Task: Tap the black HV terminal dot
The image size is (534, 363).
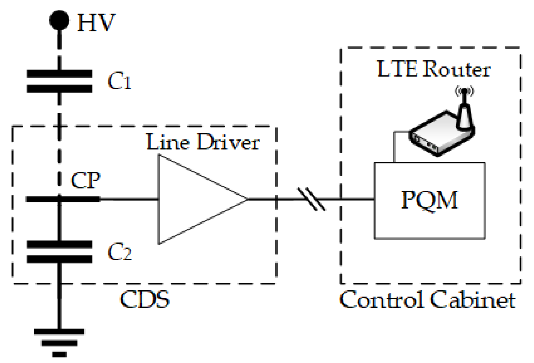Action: click(x=59, y=20)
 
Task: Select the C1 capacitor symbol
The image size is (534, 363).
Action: click(x=59, y=81)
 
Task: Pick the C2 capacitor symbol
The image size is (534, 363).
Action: click(x=59, y=252)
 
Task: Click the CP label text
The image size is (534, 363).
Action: click(x=85, y=181)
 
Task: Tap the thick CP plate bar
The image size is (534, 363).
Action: click(x=63, y=199)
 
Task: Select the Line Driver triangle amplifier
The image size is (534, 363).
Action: click(x=192, y=199)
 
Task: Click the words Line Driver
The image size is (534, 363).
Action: click(x=203, y=142)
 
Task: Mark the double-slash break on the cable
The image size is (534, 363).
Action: click(x=311, y=199)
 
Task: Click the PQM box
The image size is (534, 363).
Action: click(x=430, y=200)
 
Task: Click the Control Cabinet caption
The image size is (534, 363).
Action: click(x=427, y=300)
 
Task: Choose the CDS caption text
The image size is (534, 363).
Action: click(x=144, y=300)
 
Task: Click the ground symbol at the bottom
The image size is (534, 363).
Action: click(x=59, y=343)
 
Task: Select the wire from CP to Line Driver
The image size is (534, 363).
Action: click(x=129, y=199)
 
